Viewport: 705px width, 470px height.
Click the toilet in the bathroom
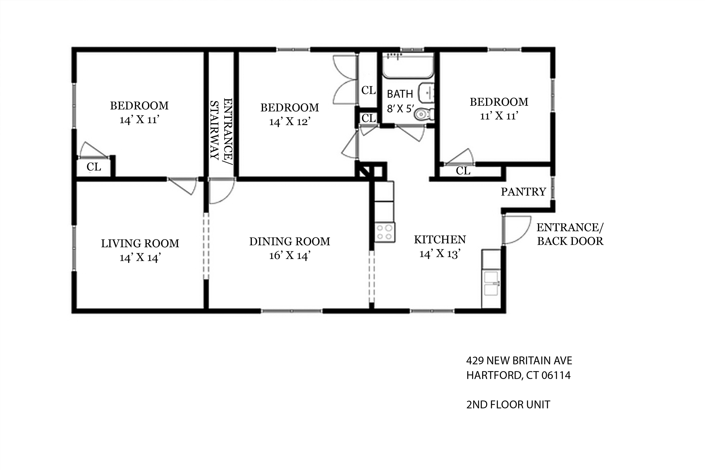(x=423, y=114)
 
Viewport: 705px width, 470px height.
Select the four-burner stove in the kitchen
(x=385, y=232)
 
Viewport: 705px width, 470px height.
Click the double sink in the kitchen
(x=491, y=283)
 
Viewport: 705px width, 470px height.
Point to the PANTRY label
(x=523, y=192)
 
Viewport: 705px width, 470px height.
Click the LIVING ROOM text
(x=140, y=243)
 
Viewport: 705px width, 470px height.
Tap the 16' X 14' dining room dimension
(x=290, y=255)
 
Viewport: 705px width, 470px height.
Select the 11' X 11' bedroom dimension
(x=499, y=116)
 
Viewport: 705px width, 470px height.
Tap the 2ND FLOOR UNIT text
(x=508, y=405)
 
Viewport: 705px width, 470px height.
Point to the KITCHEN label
(x=440, y=240)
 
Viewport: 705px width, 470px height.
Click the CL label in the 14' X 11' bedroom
(x=94, y=167)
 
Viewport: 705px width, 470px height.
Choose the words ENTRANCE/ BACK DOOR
(x=570, y=234)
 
